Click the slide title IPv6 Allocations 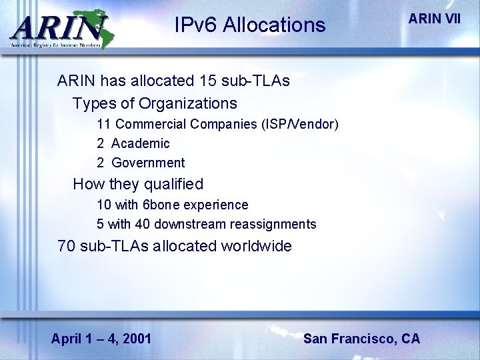point(249,25)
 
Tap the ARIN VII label point(433,19)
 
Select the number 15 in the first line point(208,81)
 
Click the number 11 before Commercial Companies point(103,124)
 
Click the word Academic point(140,143)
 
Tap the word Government point(148,163)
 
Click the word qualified point(174,183)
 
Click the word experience point(217,205)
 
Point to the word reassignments point(272,224)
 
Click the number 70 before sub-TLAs point(67,246)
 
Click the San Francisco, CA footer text point(361,339)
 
